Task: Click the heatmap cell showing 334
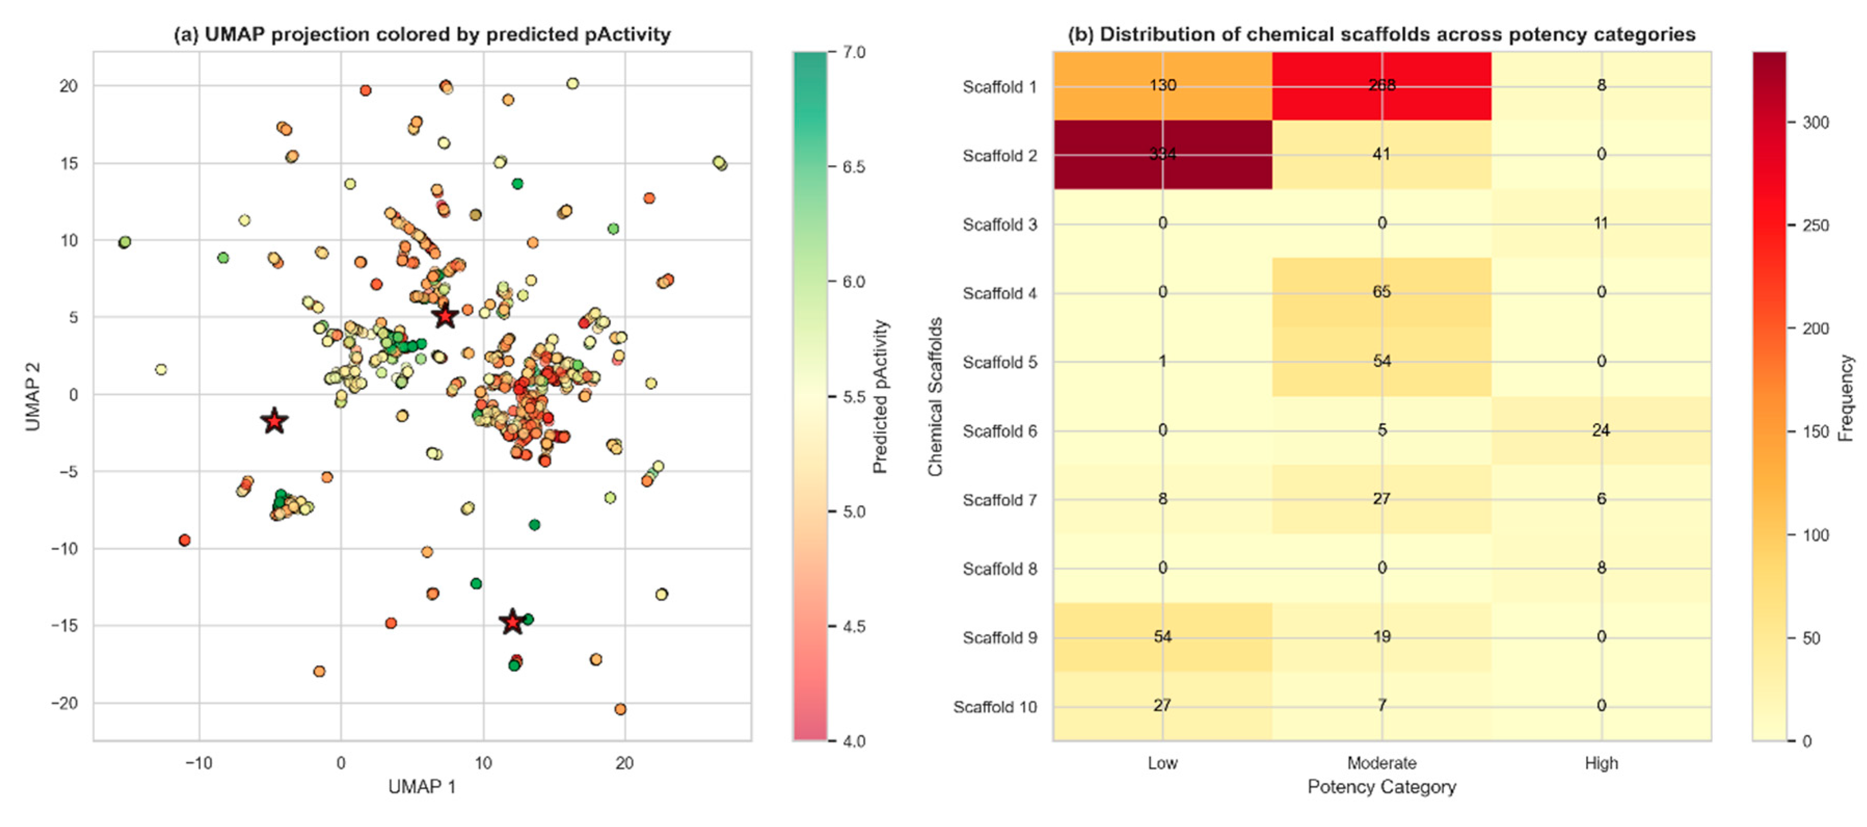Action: point(1162,154)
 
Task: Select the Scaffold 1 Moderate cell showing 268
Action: point(1382,86)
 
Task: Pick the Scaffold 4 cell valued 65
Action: point(1382,292)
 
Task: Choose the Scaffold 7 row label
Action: point(999,500)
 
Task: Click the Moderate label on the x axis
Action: point(1382,763)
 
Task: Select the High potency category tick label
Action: point(1601,763)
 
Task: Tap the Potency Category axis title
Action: point(1382,787)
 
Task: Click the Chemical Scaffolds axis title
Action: point(935,397)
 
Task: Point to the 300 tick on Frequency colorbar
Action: point(1816,123)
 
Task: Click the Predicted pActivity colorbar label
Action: point(880,397)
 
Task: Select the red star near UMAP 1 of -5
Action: point(274,421)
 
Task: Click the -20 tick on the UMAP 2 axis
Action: point(64,703)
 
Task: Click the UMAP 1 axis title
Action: point(422,787)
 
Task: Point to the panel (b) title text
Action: point(1382,34)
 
